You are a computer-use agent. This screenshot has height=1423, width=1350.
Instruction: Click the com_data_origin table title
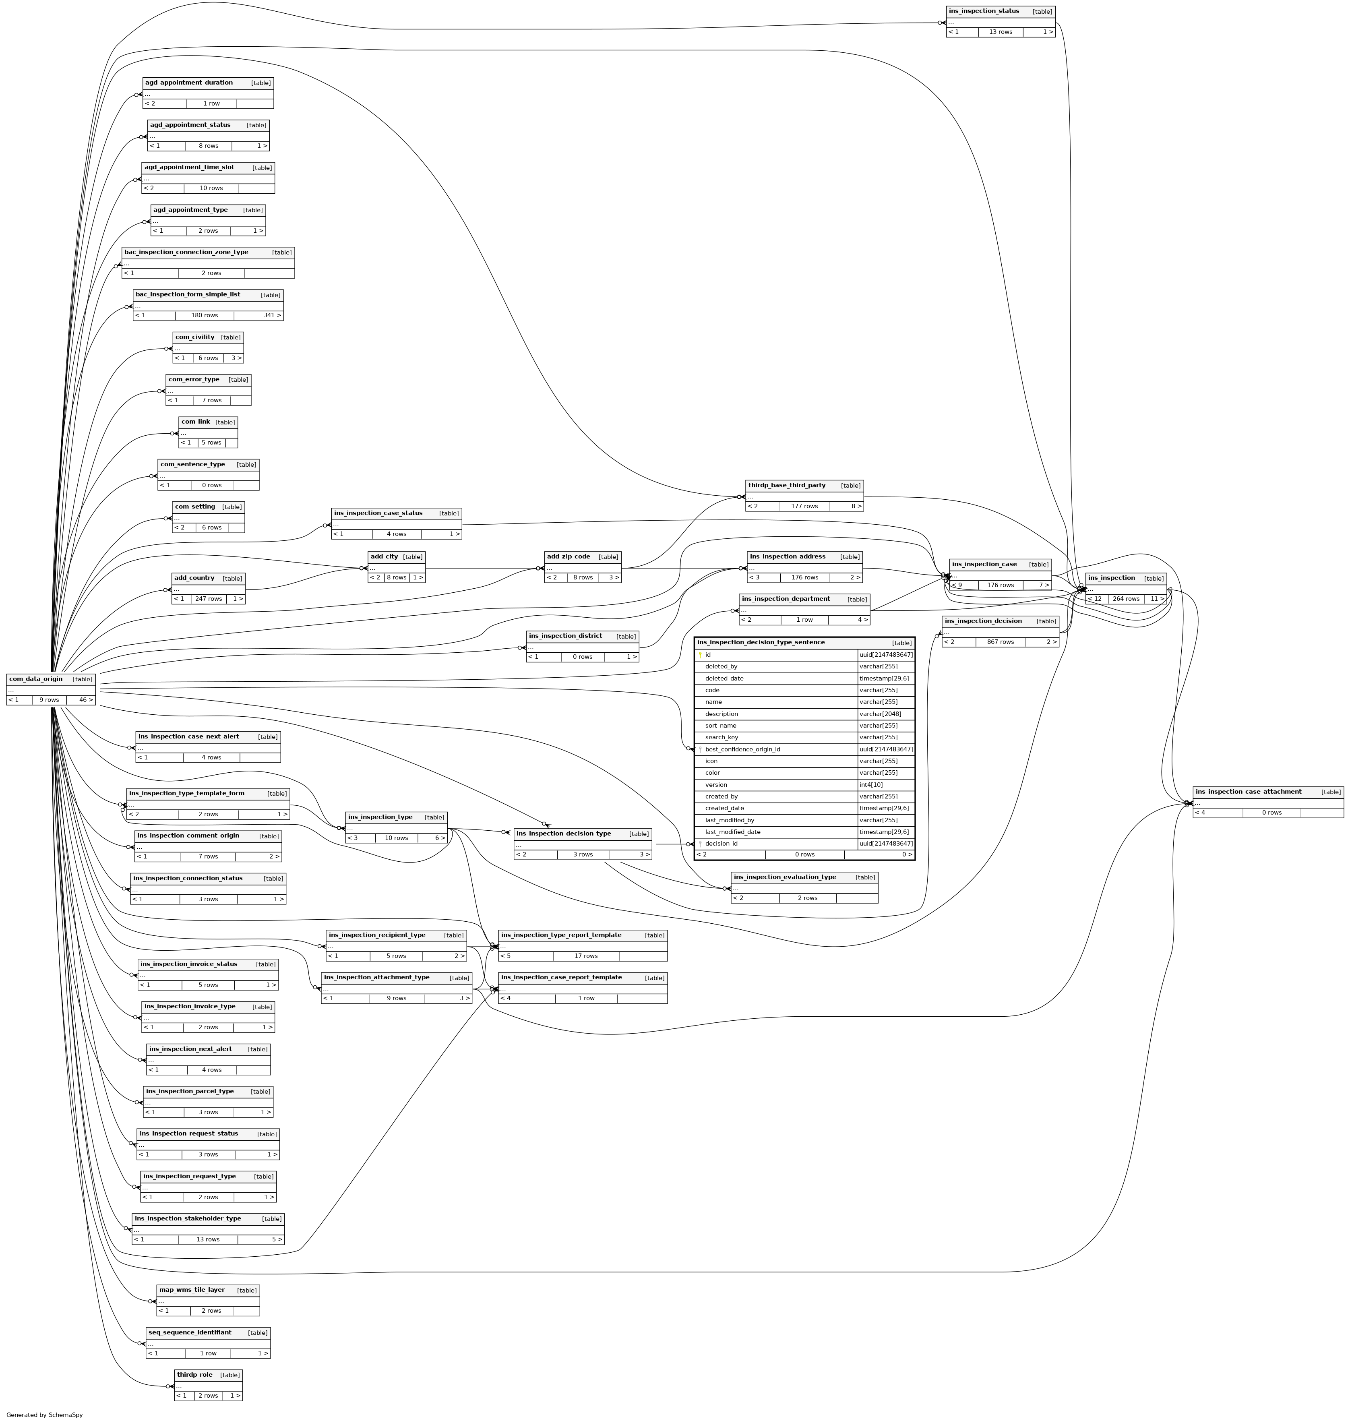[36, 679]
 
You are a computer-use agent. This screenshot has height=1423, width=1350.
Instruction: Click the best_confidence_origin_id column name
[743, 749]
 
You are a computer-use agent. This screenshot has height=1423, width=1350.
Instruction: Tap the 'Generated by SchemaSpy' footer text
[45, 1415]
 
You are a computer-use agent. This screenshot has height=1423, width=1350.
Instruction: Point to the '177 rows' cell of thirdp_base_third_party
[804, 506]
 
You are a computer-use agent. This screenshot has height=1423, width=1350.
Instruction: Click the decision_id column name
[721, 844]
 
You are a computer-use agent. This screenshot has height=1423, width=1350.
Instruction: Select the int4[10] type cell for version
[871, 784]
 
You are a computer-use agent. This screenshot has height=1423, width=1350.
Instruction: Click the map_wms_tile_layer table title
[191, 1290]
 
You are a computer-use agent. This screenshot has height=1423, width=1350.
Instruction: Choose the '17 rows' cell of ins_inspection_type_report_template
[586, 956]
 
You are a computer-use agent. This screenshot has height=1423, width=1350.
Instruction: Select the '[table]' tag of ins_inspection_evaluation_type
[865, 877]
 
